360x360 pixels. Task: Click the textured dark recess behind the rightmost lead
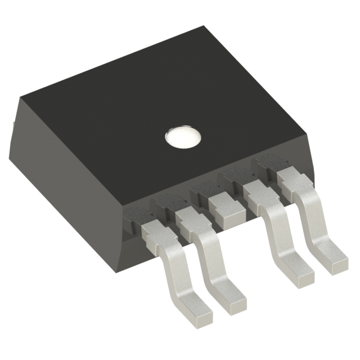pos(269,163)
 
